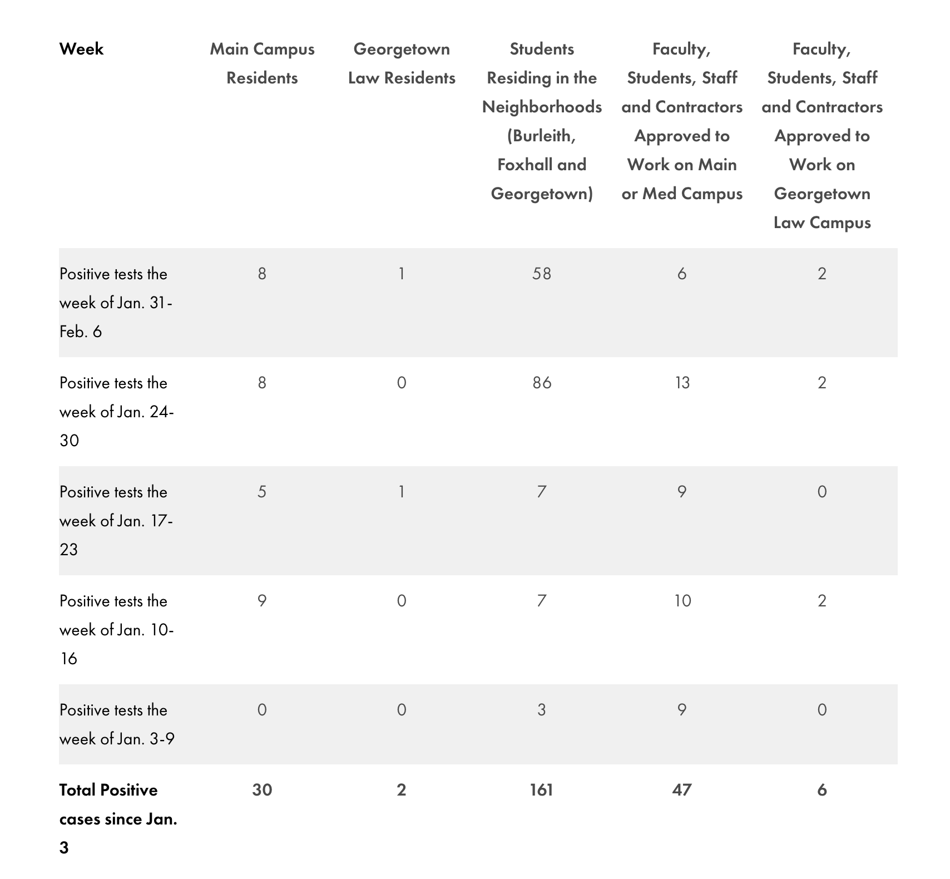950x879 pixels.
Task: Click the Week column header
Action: [x=81, y=49]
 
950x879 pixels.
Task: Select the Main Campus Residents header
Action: [x=262, y=63]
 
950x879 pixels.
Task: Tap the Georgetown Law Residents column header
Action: [x=402, y=63]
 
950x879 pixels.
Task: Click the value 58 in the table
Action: [x=542, y=274]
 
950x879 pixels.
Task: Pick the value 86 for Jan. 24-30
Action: [x=542, y=383]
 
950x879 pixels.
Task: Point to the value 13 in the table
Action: [x=682, y=383]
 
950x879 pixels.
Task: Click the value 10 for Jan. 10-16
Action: [x=682, y=601]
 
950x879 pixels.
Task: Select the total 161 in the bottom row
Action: [x=542, y=790]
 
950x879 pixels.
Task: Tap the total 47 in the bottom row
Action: [x=682, y=790]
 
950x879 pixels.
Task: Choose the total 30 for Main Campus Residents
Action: [x=262, y=790]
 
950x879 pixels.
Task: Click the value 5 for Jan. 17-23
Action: [x=262, y=492]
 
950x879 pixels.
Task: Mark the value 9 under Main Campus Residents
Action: [x=262, y=601]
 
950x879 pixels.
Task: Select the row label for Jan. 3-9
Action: [x=117, y=724]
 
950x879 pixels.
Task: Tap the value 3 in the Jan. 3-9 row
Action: [x=542, y=710]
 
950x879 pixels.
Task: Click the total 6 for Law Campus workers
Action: [x=822, y=790]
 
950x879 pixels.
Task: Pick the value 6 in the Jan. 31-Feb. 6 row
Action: [x=682, y=274]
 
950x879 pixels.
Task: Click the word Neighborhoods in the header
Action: [x=542, y=107]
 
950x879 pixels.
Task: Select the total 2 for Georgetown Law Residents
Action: [x=402, y=790]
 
